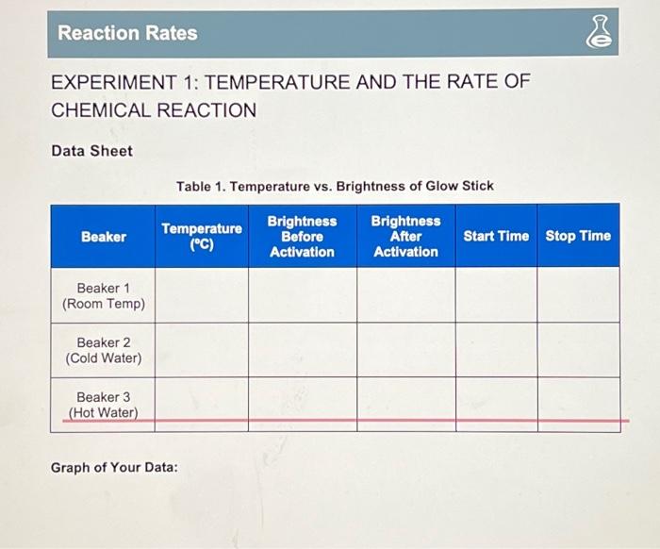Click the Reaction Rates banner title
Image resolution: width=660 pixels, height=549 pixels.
click(127, 33)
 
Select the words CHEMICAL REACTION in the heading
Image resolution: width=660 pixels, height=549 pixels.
click(154, 110)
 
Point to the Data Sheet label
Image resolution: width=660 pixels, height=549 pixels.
click(91, 151)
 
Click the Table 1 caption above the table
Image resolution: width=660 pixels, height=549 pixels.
click(334, 186)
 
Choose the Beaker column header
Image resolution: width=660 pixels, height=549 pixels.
click(104, 236)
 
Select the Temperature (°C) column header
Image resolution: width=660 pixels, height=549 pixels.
click(201, 236)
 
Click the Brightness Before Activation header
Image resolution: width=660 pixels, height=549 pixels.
click(302, 236)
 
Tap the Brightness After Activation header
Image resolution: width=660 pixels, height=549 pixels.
click(405, 236)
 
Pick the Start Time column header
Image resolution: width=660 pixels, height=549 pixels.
click(496, 236)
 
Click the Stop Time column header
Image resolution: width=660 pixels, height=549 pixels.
click(578, 236)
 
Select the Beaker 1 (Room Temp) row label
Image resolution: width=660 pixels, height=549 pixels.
click(104, 295)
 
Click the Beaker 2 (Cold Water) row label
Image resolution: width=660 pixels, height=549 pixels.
click(104, 350)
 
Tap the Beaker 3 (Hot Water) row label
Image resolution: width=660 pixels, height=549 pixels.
click(104, 405)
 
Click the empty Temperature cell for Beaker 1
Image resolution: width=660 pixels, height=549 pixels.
click(201, 295)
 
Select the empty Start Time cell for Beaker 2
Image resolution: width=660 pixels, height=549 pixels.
click(496, 350)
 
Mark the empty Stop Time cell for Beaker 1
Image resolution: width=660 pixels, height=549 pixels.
click(578, 295)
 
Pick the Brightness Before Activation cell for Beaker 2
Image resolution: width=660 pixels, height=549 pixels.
click(302, 350)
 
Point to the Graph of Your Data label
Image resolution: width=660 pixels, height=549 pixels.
click(114, 467)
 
